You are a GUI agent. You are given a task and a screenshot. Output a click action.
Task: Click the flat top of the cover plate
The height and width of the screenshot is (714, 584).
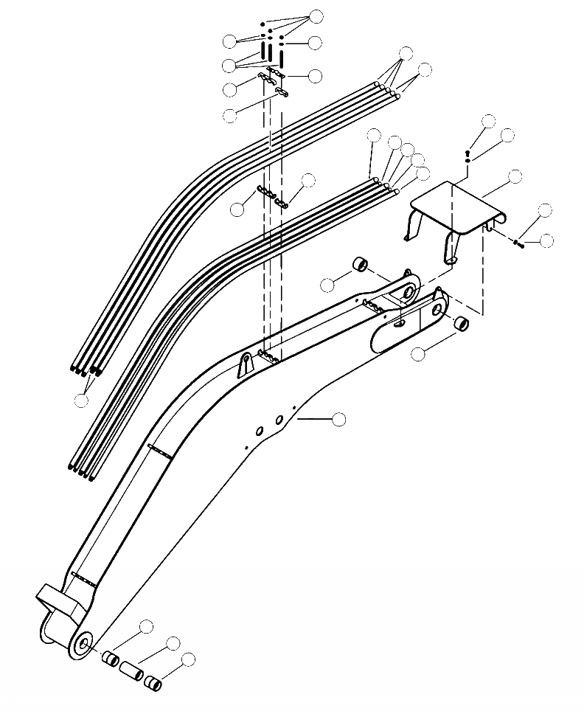(x=451, y=205)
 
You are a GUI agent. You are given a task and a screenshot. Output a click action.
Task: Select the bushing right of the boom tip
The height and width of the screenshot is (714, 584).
(x=460, y=323)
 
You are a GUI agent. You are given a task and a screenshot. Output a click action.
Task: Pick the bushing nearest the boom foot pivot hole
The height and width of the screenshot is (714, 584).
(x=110, y=659)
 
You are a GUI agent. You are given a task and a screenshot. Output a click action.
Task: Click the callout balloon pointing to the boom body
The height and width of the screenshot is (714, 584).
(x=339, y=419)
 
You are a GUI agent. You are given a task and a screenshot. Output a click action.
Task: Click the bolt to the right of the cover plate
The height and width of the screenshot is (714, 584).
(x=520, y=243)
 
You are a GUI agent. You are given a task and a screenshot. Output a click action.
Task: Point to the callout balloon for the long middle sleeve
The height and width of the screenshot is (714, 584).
(x=173, y=642)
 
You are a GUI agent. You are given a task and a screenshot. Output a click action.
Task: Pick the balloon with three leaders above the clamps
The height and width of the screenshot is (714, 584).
(x=316, y=15)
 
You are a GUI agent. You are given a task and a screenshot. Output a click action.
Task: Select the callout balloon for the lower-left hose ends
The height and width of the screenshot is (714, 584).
(x=82, y=400)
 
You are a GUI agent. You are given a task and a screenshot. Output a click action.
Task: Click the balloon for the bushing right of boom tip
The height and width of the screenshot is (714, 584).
(x=419, y=354)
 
